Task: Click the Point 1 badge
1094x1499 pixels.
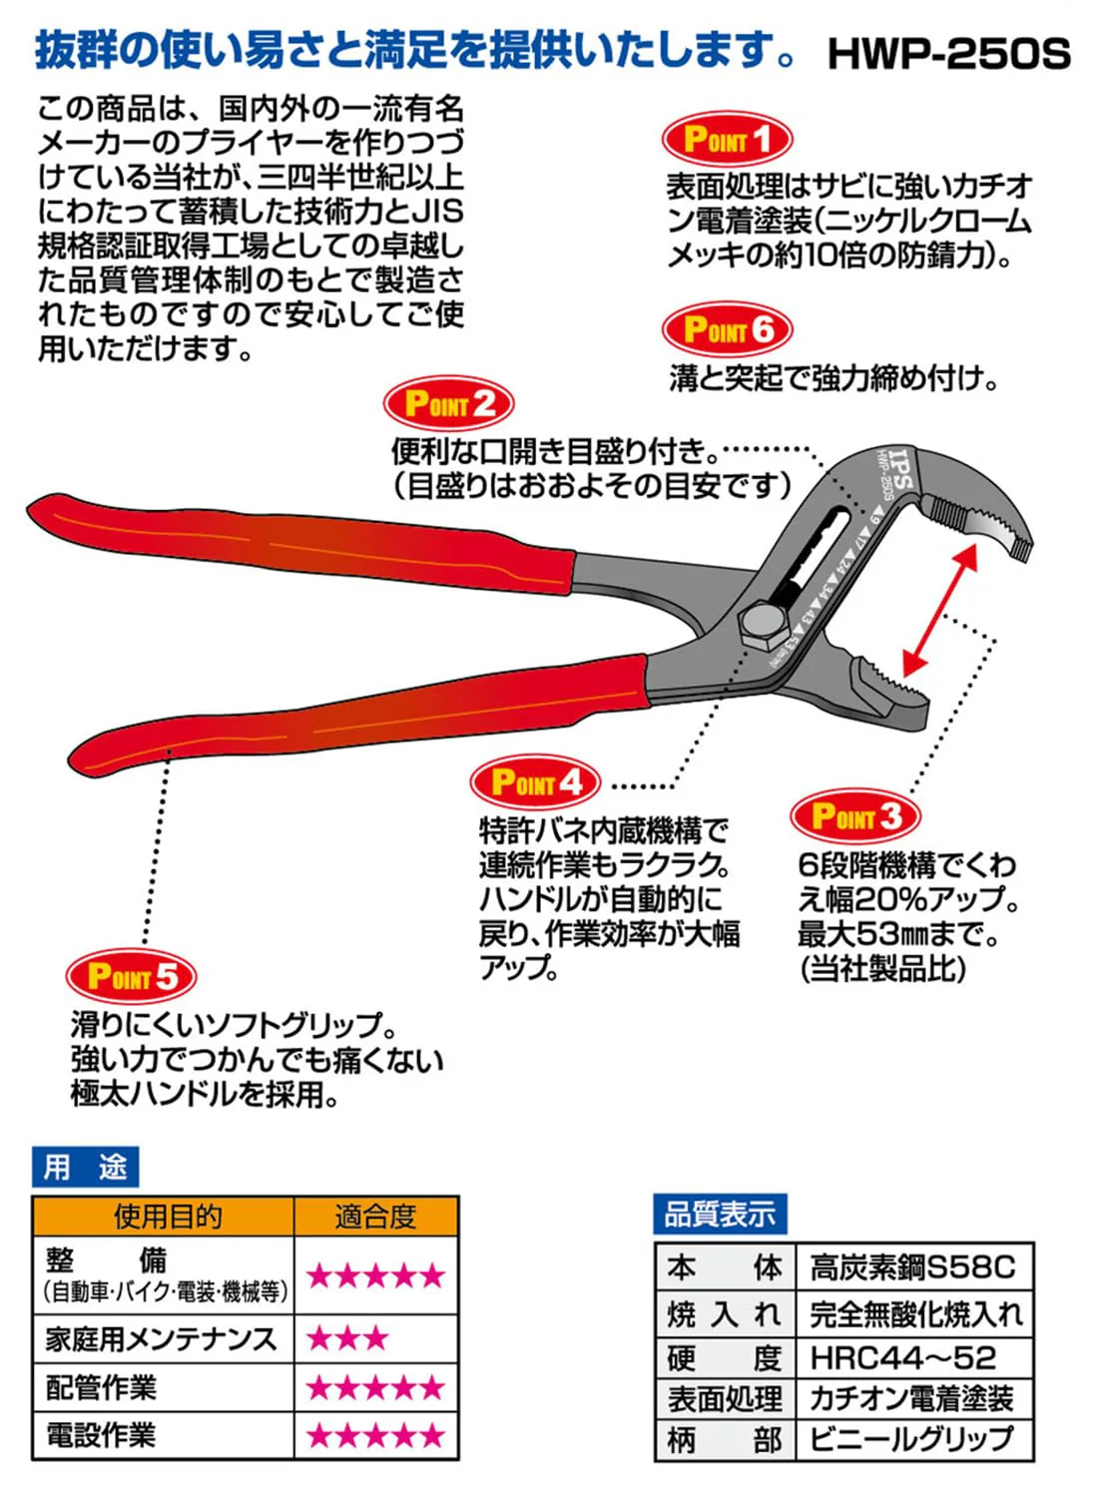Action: tap(728, 139)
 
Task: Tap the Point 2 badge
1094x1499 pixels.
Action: tap(448, 403)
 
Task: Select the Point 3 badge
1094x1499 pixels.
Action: tap(855, 815)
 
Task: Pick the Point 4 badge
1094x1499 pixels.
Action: tap(535, 781)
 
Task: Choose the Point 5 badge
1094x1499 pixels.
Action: tap(131, 976)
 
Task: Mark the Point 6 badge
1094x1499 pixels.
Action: tap(728, 329)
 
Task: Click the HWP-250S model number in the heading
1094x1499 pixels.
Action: tap(949, 54)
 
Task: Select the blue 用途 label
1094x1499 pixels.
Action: tap(85, 1168)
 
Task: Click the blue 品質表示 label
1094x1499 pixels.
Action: tap(720, 1214)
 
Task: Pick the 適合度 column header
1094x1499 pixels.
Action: tap(376, 1218)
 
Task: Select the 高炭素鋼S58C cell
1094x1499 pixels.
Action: tap(912, 1267)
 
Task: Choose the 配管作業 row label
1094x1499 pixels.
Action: tap(101, 1387)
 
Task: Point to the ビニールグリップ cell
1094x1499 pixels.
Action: tap(911, 1437)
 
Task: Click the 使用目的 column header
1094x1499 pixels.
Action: tap(168, 1218)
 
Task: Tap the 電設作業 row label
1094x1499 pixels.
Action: tap(101, 1435)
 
